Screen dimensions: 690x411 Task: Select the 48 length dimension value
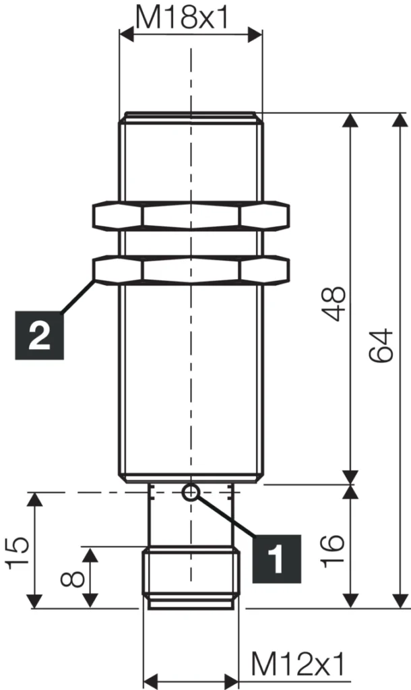pyautogui.click(x=335, y=303)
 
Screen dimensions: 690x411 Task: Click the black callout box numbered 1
pyautogui.click(x=276, y=557)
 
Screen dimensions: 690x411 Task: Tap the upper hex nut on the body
pyautogui.click(x=191, y=216)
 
